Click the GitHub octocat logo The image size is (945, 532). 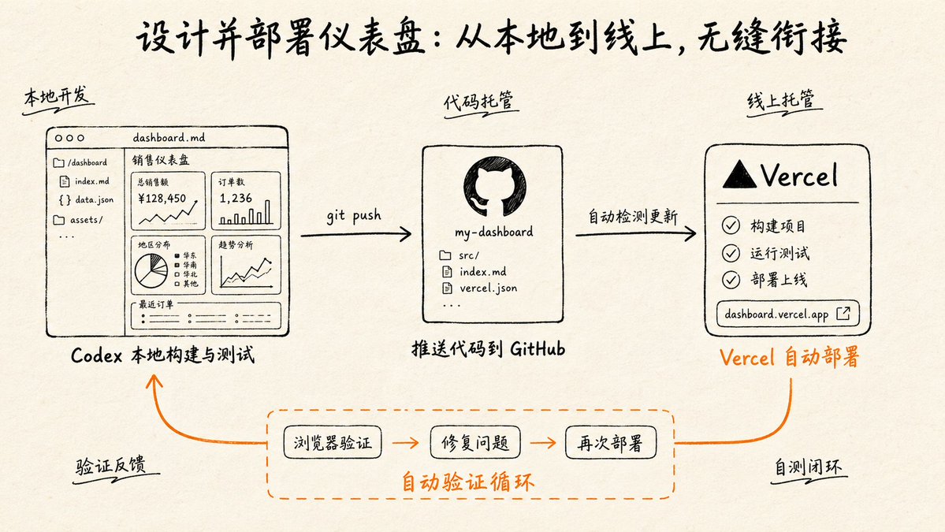[x=494, y=187]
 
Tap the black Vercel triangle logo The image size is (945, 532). [x=739, y=175]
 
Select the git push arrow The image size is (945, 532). [x=355, y=234]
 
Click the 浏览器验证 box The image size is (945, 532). [x=333, y=443]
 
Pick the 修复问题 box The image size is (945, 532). [x=475, y=443]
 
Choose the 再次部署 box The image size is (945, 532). [x=611, y=443]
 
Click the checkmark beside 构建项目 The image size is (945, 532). [x=731, y=225]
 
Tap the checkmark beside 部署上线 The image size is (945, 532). [x=731, y=280]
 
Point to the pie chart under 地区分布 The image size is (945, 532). [x=151, y=270]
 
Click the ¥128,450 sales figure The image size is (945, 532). [x=162, y=199]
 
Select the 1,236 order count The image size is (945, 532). [x=236, y=199]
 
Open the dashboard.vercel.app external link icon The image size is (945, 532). [x=843, y=314]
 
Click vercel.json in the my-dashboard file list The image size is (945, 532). [x=488, y=288]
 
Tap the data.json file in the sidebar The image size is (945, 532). [x=94, y=199]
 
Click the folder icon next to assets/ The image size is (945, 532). [x=59, y=220]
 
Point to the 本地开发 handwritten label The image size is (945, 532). [x=57, y=96]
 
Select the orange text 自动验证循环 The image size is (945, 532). [x=467, y=482]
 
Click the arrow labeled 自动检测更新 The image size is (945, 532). [x=636, y=234]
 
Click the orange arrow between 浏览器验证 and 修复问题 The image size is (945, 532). [x=406, y=443]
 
